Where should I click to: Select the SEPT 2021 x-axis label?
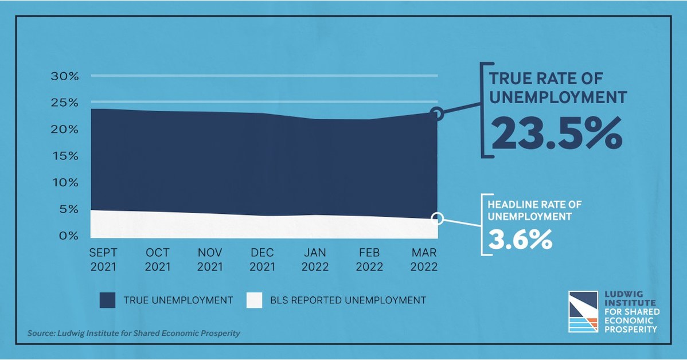point(103,260)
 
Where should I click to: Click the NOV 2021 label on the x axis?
point(210,260)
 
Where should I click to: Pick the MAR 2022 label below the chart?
point(424,260)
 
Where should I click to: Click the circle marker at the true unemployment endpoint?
point(436,114)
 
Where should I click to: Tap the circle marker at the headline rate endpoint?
point(437,218)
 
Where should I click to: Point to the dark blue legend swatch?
point(107,300)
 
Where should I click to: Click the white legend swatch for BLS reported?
point(254,300)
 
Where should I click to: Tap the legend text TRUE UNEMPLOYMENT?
point(178,300)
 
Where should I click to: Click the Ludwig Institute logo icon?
point(583,312)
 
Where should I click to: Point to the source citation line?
point(133,333)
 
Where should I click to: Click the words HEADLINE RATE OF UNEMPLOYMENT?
point(528,210)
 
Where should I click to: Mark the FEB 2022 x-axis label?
point(369,260)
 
